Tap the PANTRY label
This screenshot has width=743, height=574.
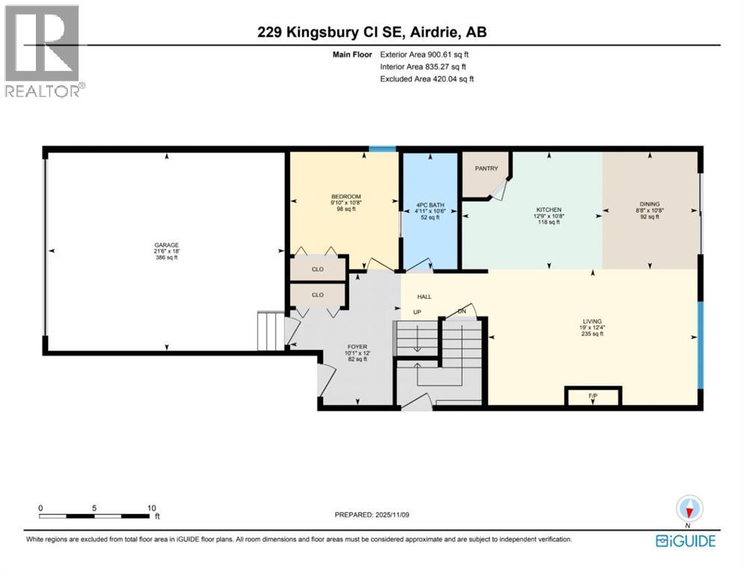487,169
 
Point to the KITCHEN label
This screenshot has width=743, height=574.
548,210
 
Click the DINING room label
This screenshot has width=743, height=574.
650,203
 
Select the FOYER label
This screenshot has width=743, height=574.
356,348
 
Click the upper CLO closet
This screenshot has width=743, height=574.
318,268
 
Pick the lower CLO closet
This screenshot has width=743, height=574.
318,295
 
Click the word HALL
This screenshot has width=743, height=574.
425,297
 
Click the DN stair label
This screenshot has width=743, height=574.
462,312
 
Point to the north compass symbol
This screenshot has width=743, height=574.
689,509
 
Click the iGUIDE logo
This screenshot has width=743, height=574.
685,540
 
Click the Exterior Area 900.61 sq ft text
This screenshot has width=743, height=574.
425,55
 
